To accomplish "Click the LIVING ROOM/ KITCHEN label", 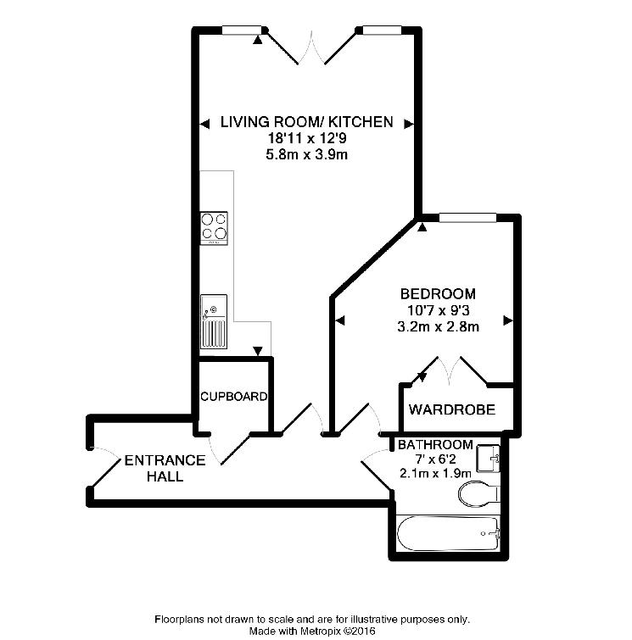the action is pyautogui.click(x=306, y=122).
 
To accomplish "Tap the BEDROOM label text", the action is pyautogui.click(x=438, y=294).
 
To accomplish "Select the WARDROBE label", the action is pyautogui.click(x=452, y=409).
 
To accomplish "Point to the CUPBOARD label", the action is pyautogui.click(x=233, y=397).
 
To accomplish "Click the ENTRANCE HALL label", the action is pyautogui.click(x=165, y=468).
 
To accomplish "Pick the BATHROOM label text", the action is pyautogui.click(x=435, y=444).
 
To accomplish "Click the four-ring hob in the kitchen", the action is pyautogui.click(x=214, y=228).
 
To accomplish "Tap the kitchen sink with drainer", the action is pyautogui.click(x=214, y=321).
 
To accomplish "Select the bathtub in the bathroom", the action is pyautogui.click(x=448, y=534).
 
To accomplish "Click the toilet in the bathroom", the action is pyautogui.click(x=478, y=494).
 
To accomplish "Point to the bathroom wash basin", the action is pyautogui.click(x=489, y=459).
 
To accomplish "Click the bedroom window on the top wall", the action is pyautogui.click(x=467, y=218).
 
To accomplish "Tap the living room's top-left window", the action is pyautogui.click(x=242, y=30).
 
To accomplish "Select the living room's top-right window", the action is pyautogui.click(x=382, y=30).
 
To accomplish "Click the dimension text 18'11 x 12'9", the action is pyautogui.click(x=307, y=138).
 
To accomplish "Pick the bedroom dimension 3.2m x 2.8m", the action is pyautogui.click(x=438, y=327).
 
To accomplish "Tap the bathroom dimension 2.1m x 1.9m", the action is pyautogui.click(x=435, y=474).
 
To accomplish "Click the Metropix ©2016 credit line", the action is pyautogui.click(x=312, y=631).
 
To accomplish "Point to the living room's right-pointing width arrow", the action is pyautogui.click(x=410, y=124).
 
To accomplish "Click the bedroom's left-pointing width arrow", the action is pyautogui.click(x=339, y=320).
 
